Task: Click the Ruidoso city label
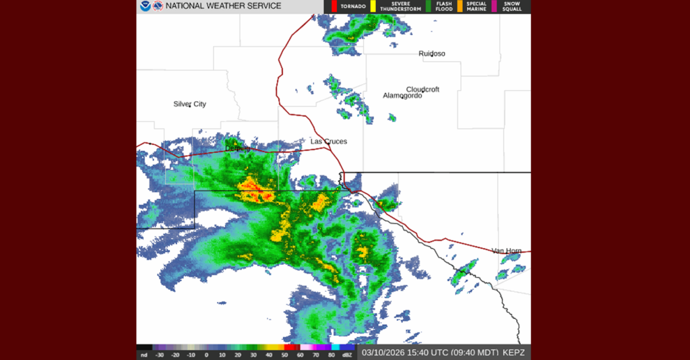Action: pos(431,53)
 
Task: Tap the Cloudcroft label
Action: pos(422,89)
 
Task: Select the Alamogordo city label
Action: pos(402,96)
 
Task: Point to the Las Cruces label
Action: pos(328,141)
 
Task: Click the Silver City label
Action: pos(189,104)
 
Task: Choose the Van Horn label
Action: pos(506,251)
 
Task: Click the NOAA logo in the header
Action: pos(146,6)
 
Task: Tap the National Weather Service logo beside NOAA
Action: pos(158,6)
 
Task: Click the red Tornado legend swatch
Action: pos(327,6)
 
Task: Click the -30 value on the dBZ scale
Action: pos(160,355)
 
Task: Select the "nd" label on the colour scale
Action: pos(144,355)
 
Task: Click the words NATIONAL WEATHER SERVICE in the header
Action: pos(224,6)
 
